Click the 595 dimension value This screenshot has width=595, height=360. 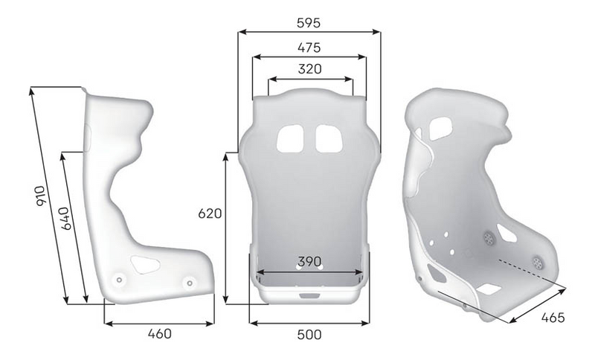[x=309, y=22]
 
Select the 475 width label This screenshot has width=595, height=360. [x=309, y=48]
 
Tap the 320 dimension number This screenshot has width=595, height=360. [x=309, y=70]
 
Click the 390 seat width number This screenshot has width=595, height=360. [x=309, y=263]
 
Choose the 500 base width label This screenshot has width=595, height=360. [x=309, y=335]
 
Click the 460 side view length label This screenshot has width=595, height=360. [x=159, y=334]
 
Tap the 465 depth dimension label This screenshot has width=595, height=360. [x=553, y=318]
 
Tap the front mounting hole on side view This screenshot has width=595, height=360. [x=189, y=283]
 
